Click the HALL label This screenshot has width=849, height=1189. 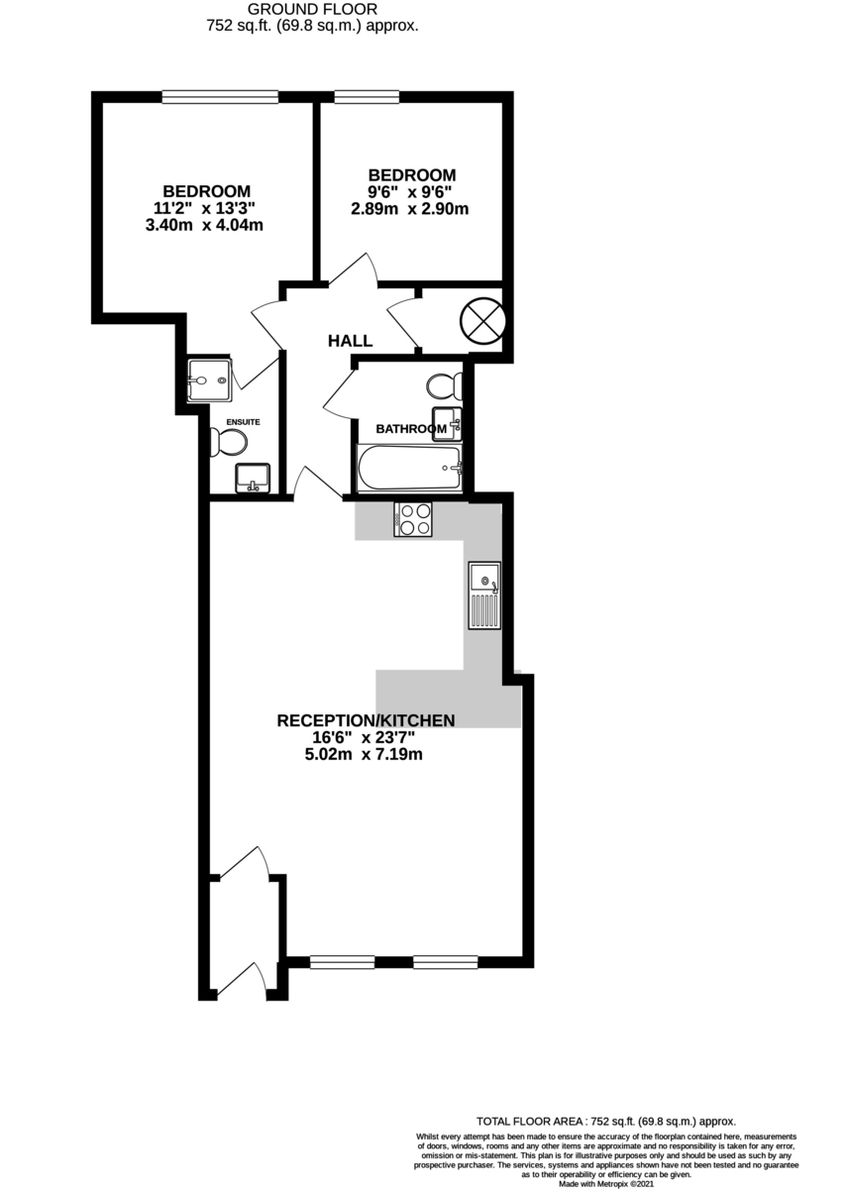pos(350,340)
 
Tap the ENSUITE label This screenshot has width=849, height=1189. pos(243,422)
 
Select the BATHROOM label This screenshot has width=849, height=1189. pos(411,429)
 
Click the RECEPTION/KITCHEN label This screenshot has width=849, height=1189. pos(366,720)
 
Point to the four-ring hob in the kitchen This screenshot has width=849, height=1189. pos(413,518)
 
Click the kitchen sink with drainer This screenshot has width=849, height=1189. pos(483,595)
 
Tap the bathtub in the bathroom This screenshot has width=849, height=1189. pos(410,468)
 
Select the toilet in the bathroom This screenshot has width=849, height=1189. pos(444,385)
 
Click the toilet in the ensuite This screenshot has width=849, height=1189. pos(228,442)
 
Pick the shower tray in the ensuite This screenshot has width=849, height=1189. pos(210,380)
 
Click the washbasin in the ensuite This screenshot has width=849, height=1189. pos(253,478)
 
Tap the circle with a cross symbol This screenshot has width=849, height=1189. pos(482,321)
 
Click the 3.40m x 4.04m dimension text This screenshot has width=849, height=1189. pos(204,225)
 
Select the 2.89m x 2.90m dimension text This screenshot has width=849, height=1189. pos(410,209)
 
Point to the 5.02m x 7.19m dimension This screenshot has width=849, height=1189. pos(364,754)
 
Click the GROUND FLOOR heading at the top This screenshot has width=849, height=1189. pos(312,9)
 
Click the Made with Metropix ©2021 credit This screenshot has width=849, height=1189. pos(605,1184)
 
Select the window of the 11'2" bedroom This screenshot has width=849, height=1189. pos(220,97)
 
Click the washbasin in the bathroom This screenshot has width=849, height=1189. pos(447,424)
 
